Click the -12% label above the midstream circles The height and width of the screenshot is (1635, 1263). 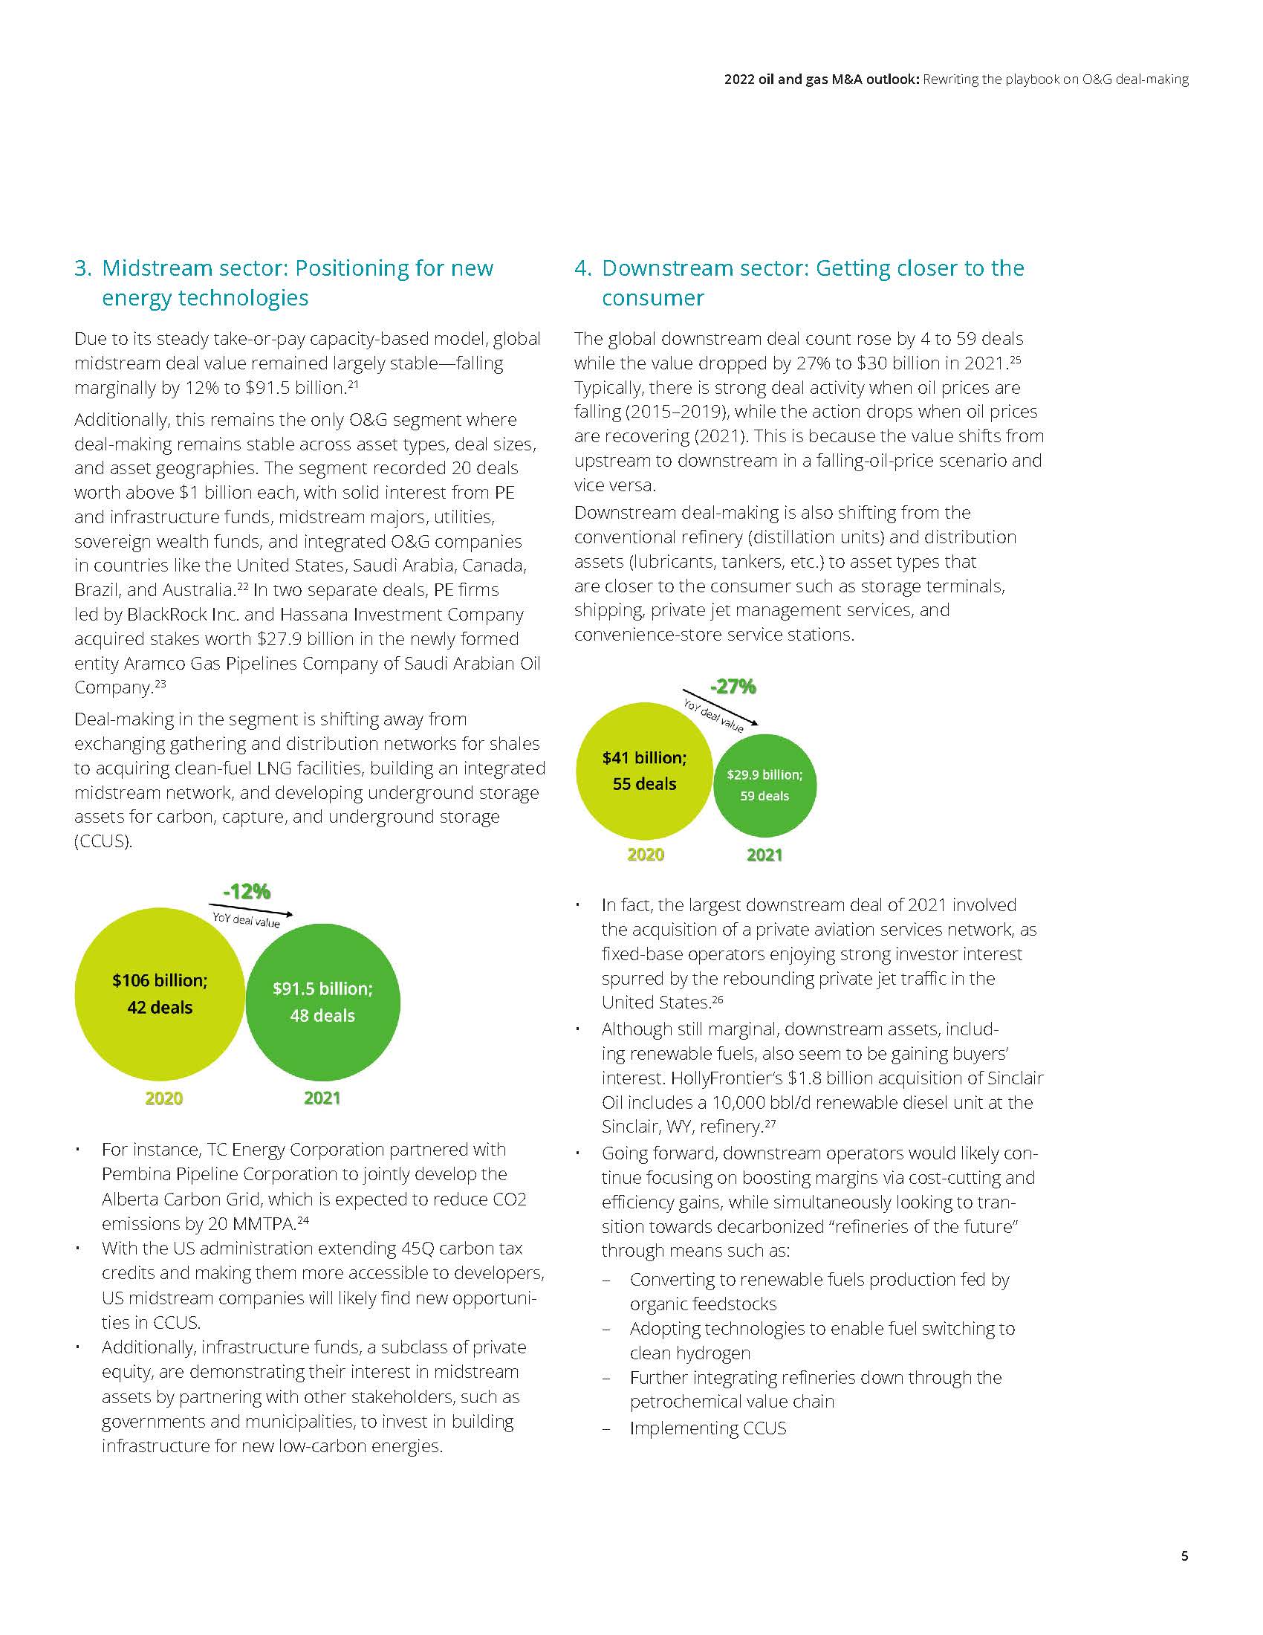(246, 892)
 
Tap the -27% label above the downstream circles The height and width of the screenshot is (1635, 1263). (733, 686)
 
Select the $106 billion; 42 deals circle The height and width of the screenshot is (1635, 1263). (160, 994)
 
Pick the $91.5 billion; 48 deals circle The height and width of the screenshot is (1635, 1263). (322, 1003)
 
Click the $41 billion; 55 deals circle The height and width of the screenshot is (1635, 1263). (644, 771)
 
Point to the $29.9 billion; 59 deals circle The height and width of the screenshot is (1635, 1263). (764, 786)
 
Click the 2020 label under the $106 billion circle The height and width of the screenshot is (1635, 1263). (164, 1098)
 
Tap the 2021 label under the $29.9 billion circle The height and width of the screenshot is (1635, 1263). (764, 855)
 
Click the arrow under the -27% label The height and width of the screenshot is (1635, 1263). (720, 706)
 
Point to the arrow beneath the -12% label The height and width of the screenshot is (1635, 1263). (251, 910)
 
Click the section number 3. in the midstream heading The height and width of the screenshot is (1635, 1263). (83, 268)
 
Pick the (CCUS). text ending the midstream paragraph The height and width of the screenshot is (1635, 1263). (103, 841)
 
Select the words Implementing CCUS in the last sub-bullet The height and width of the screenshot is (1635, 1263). (708, 1428)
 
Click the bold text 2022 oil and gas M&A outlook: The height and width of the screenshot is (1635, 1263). (821, 80)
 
